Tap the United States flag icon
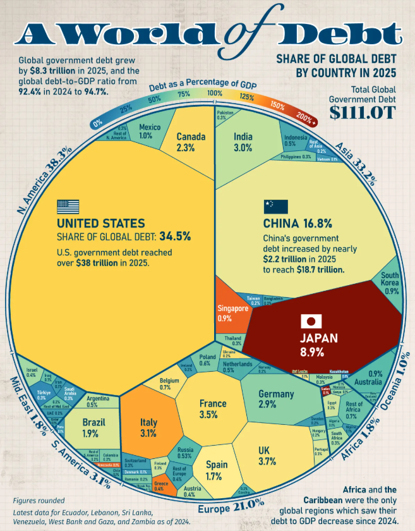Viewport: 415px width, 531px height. (68, 207)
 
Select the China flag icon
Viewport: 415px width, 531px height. (276, 207)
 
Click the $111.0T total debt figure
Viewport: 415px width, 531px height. (363, 113)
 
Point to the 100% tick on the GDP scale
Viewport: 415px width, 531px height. (215, 94)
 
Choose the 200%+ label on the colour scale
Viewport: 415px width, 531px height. (306, 118)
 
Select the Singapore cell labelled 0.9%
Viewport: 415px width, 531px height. (232, 314)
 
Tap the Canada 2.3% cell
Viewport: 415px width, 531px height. (189, 140)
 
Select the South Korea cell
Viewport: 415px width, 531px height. (389, 283)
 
